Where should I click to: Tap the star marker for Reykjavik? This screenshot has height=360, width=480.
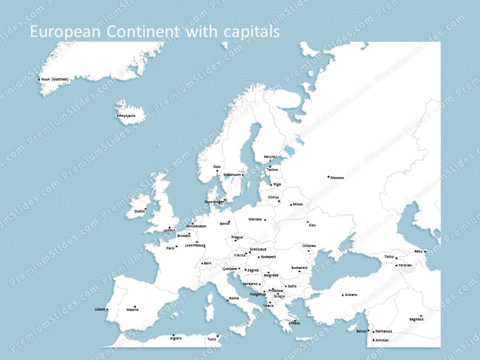point(118,116)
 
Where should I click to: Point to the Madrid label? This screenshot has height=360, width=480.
point(132,310)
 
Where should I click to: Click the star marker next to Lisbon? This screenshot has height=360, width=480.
point(107,309)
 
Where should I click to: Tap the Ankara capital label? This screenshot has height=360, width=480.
point(351,295)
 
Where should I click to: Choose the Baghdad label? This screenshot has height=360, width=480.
point(416,319)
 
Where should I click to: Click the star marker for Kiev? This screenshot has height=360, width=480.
point(307,221)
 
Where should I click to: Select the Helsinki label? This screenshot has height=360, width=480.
point(270,156)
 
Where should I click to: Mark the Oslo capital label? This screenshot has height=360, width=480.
point(217,166)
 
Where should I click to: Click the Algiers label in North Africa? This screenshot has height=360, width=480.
point(175,338)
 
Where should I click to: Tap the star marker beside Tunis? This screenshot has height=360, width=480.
point(217,336)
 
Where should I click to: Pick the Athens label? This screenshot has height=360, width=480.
point(294,323)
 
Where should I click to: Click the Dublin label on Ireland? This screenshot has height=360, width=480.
point(140,211)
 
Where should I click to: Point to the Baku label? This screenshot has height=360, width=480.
point(418,251)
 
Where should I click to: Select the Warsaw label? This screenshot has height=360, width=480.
point(255,219)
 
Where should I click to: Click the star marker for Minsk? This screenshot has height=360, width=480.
point(291,204)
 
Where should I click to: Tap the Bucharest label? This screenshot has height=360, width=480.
point(299,267)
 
